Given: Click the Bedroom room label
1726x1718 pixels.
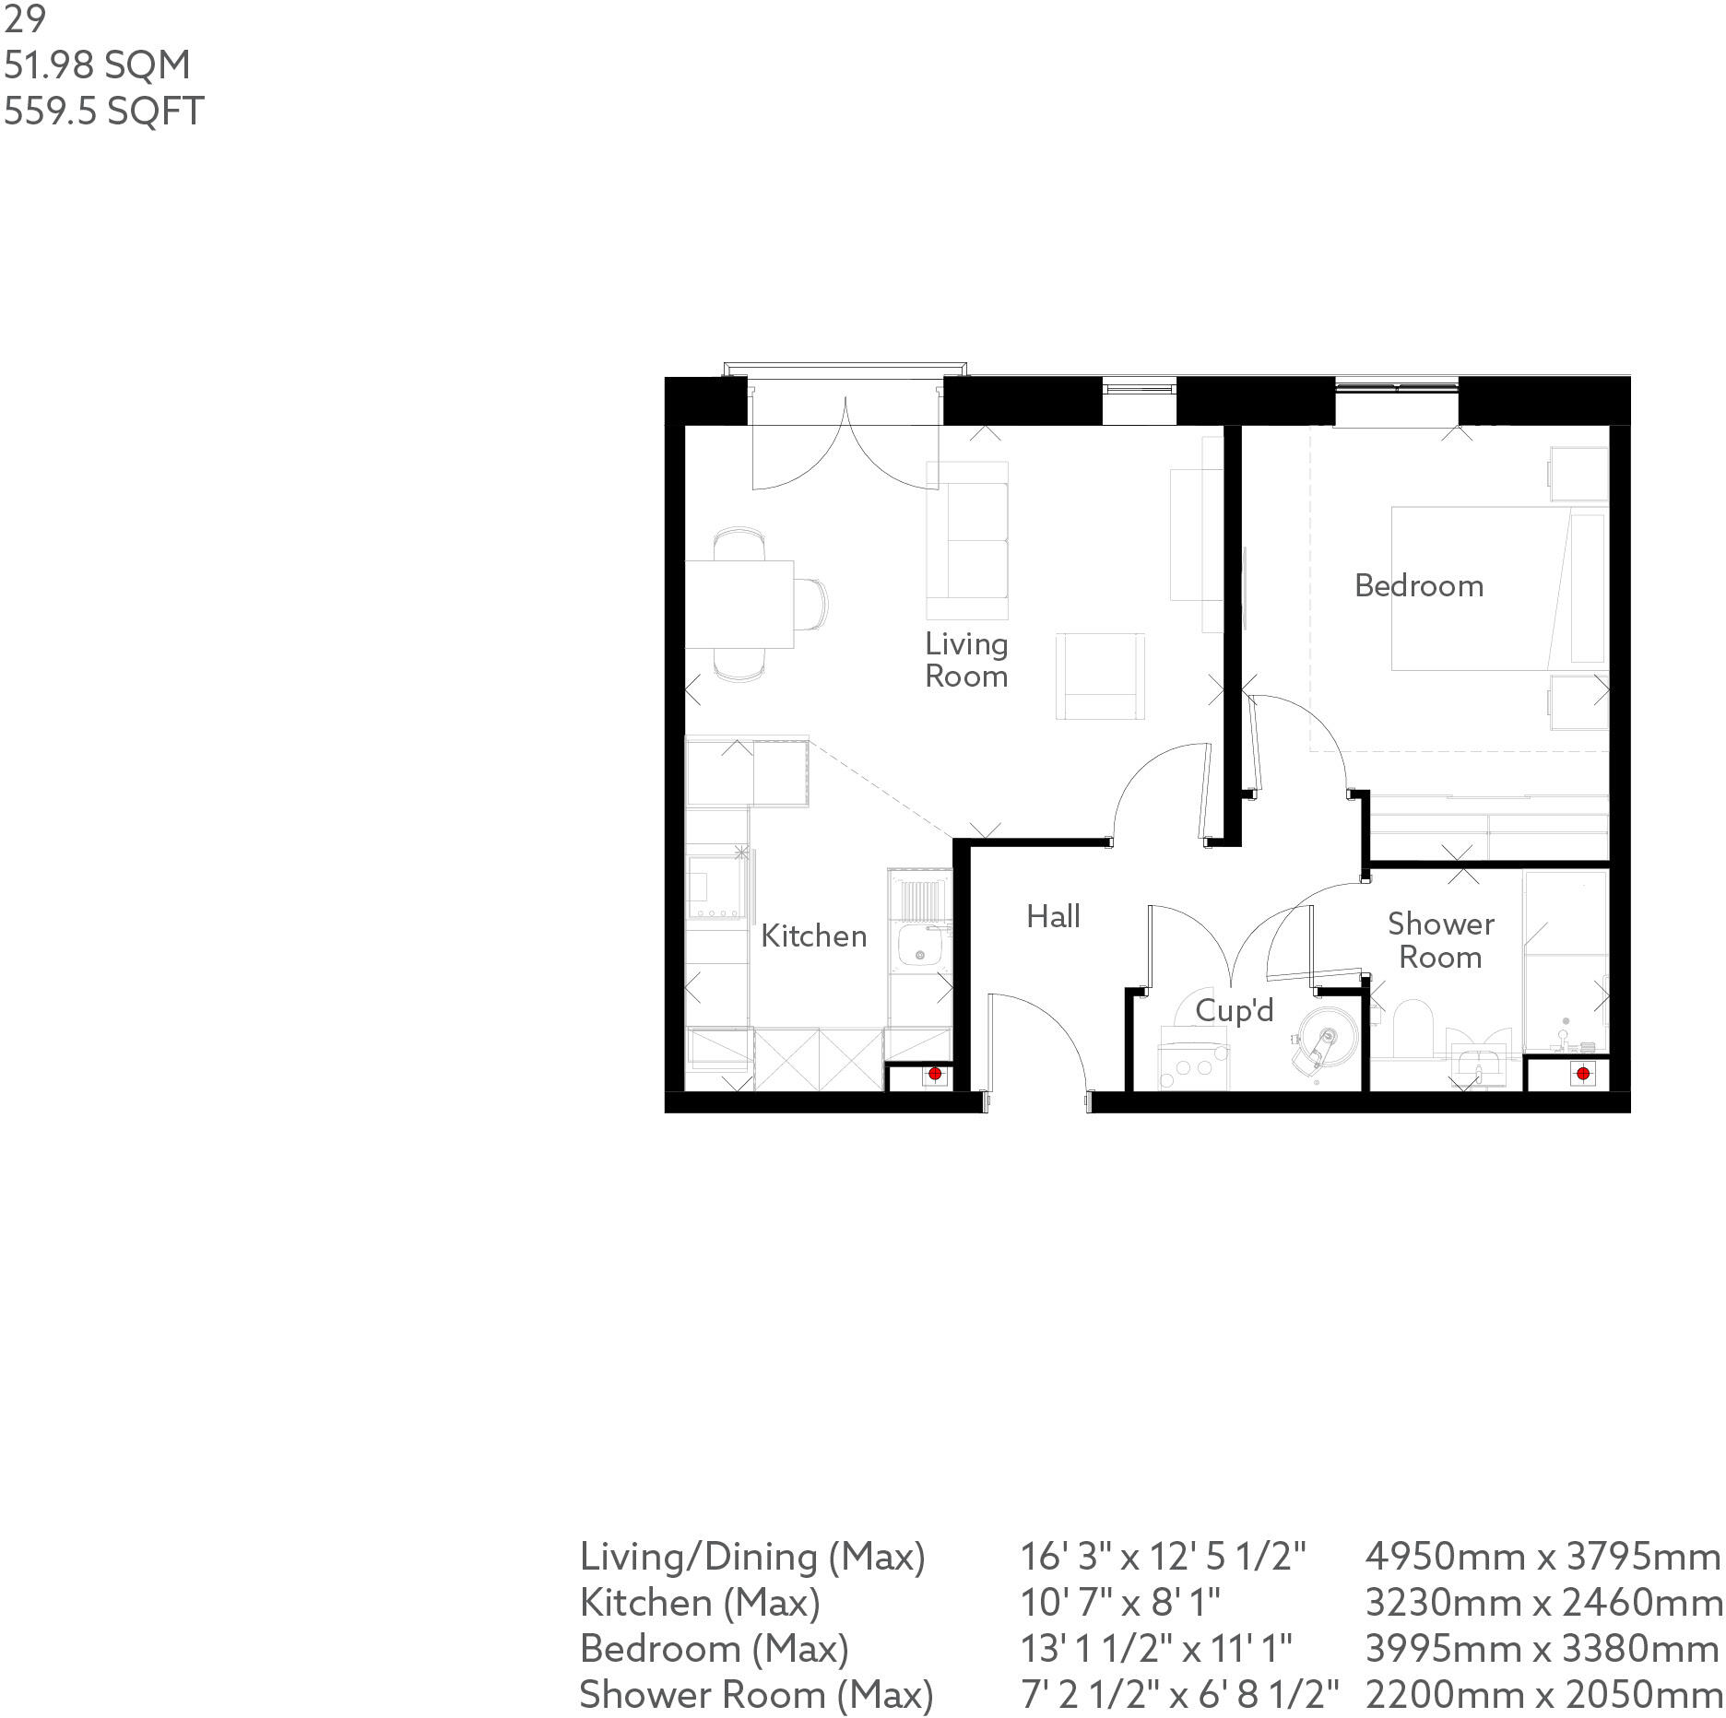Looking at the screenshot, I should point(1418,586).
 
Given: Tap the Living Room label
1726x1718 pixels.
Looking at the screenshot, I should point(965,660).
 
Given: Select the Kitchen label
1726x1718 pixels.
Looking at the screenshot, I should point(813,936).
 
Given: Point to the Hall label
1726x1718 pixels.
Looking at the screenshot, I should point(1053,916).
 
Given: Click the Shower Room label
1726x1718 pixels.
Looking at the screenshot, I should point(1440,940).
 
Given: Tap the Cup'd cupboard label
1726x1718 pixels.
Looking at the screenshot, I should point(1234,1011).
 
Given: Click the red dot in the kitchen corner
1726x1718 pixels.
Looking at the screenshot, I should point(934,1074).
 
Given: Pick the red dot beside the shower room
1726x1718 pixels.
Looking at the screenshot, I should point(1583,1074).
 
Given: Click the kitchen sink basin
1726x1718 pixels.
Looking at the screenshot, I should point(917,950).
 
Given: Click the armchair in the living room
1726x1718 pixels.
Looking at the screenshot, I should point(1101,677).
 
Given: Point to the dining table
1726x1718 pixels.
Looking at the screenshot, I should point(739,604).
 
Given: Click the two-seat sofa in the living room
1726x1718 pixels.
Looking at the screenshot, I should point(967,540).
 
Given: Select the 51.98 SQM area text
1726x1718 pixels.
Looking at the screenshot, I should point(97,65).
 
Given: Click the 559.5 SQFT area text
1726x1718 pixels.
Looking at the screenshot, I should point(103,112).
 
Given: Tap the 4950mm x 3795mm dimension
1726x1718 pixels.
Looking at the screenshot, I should point(1542,1557).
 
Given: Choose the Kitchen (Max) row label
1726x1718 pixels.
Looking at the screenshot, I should point(699,1603).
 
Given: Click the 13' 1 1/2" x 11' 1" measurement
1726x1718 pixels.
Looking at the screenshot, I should point(1155,1648).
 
